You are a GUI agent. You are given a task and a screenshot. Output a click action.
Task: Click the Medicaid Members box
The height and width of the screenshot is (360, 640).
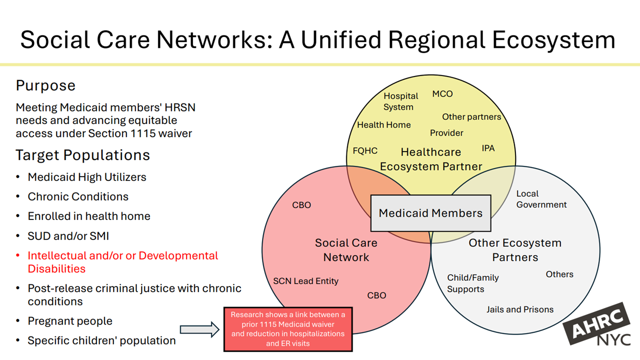[x=430, y=213]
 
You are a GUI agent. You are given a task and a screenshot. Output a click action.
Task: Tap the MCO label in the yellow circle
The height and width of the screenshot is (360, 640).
[x=442, y=94]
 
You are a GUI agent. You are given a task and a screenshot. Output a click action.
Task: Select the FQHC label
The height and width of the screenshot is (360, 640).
[x=365, y=150]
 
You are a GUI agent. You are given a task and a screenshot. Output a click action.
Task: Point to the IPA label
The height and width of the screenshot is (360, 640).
[x=488, y=148]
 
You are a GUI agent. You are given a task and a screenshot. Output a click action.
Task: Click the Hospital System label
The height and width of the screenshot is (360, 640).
[x=400, y=101]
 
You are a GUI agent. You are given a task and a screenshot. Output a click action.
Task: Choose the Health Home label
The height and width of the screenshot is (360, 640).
[x=384, y=125]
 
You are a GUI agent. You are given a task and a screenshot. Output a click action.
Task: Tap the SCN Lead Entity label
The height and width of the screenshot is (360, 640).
[x=305, y=281]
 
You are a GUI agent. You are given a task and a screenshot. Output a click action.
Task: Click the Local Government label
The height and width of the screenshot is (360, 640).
[x=541, y=199]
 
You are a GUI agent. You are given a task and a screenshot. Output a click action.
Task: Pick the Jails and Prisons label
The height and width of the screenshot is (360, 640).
[x=520, y=309]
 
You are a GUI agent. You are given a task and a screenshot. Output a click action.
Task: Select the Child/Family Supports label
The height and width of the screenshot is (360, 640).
[x=472, y=283]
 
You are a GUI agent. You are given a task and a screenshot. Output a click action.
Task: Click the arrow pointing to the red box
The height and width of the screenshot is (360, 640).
[x=199, y=329]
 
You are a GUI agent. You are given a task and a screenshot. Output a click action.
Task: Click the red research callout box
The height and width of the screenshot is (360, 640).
[x=287, y=329]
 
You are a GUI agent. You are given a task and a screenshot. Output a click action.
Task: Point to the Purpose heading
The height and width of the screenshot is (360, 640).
[x=45, y=85]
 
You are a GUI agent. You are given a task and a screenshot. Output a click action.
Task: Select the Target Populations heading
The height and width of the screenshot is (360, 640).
[x=82, y=155]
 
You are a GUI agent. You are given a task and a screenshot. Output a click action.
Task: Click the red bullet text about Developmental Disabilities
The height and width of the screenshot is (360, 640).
[x=122, y=262]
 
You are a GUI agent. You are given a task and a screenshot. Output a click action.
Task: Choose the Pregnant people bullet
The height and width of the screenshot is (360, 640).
[x=70, y=321]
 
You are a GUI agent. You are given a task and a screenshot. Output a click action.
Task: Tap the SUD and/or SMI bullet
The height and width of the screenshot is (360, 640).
[x=68, y=236]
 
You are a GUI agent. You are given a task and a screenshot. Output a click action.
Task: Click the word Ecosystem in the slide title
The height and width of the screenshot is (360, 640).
[x=553, y=40]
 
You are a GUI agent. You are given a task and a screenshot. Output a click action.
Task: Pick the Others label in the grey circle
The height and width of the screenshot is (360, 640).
[x=559, y=274]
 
